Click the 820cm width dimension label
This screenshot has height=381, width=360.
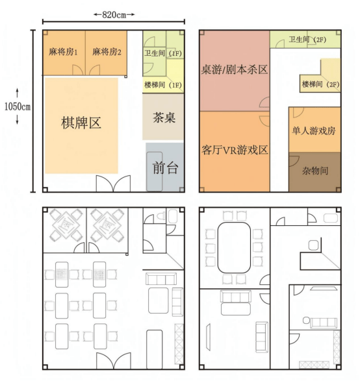[114, 15]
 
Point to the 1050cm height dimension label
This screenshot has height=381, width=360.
[18, 106]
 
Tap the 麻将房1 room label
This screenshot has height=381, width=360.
[63, 52]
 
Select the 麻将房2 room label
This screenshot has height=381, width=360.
[107, 52]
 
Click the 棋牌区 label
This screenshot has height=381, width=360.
[81, 123]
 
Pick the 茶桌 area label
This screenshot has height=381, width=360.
[164, 117]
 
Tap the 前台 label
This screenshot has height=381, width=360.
[166, 168]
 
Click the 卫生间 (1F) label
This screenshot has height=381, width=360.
[163, 53]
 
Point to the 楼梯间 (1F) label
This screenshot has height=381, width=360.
[163, 85]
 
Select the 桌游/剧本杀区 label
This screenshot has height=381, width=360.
[235, 69]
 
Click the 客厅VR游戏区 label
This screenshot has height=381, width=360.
[235, 150]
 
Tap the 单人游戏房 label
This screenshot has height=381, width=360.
[314, 130]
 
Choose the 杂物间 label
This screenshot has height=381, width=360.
[315, 171]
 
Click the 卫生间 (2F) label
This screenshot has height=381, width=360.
[307, 40]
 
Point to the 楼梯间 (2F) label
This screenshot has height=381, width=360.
[320, 84]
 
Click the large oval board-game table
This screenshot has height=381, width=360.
[234, 247]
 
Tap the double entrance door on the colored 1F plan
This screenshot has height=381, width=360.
[113, 184]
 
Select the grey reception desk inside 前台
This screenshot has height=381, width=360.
[155, 171]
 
